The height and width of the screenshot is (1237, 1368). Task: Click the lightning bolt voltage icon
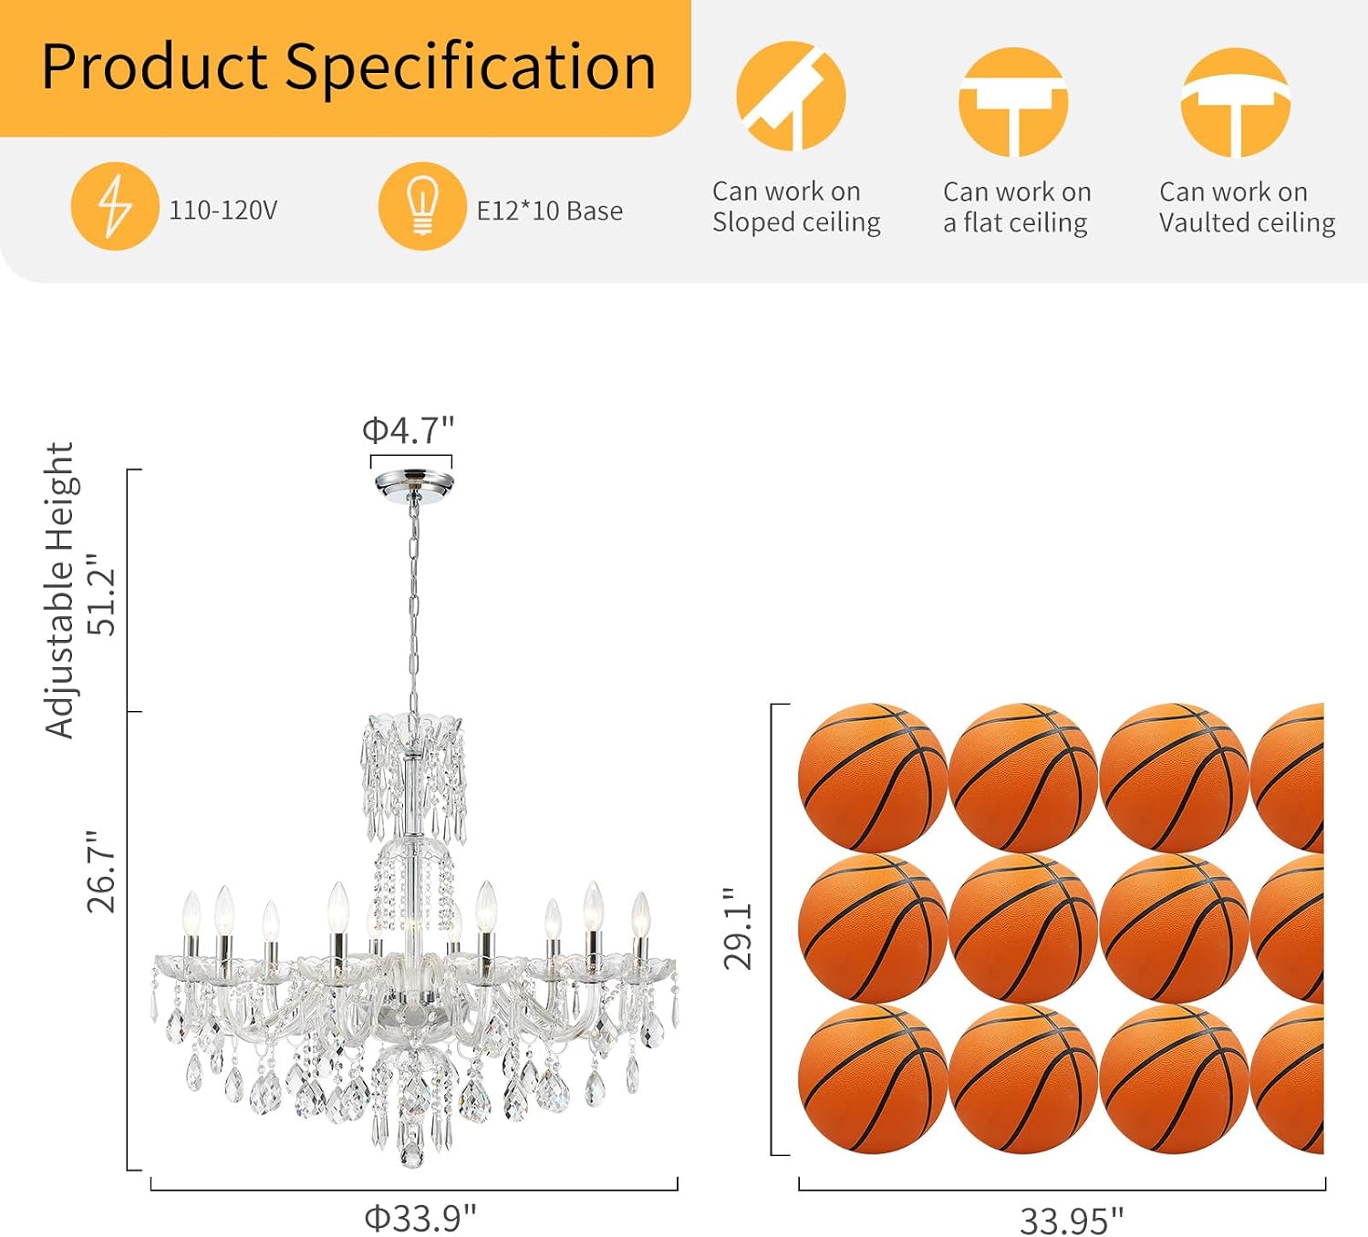click(x=115, y=206)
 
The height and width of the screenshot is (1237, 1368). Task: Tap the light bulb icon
click(x=422, y=206)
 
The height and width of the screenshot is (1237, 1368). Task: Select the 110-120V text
click(x=223, y=210)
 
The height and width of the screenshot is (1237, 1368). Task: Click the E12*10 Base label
click(x=549, y=211)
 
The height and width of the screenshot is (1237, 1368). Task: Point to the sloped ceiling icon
click(x=791, y=96)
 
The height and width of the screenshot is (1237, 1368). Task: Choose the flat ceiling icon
click(x=1013, y=102)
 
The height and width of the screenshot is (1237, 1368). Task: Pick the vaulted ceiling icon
click(x=1235, y=102)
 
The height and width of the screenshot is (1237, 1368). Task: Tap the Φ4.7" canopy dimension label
click(x=408, y=430)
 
